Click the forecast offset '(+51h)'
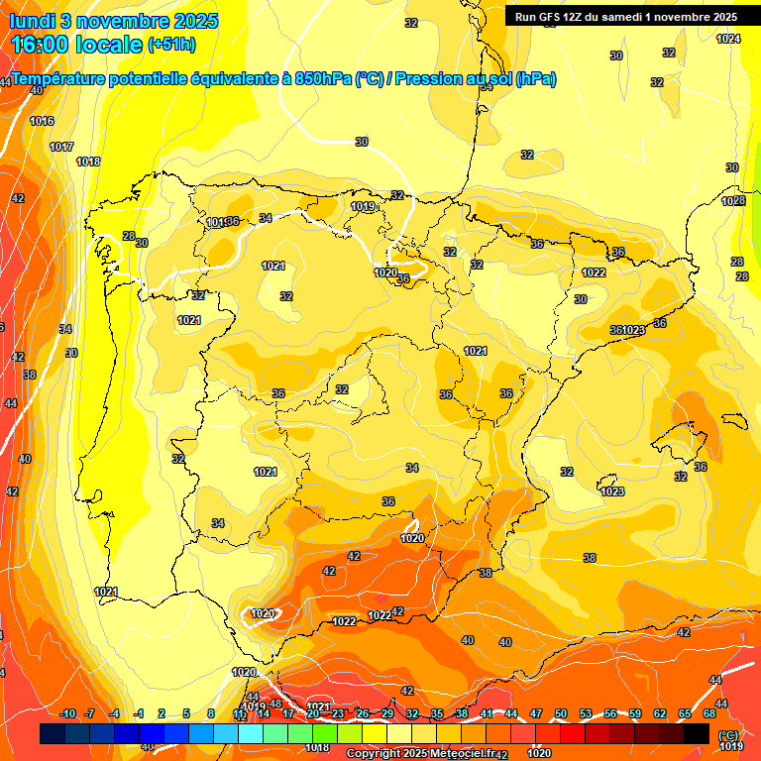click(x=171, y=45)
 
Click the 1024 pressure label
click(x=728, y=39)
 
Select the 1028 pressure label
click(x=733, y=201)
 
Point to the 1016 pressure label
click(x=42, y=121)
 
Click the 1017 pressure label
click(x=61, y=147)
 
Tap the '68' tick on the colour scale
click(x=709, y=713)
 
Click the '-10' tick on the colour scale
click(x=67, y=713)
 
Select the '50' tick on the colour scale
click(x=561, y=713)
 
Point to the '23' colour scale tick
click(x=338, y=713)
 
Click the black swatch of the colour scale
click(x=697, y=733)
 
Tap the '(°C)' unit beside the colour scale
click(x=728, y=734)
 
